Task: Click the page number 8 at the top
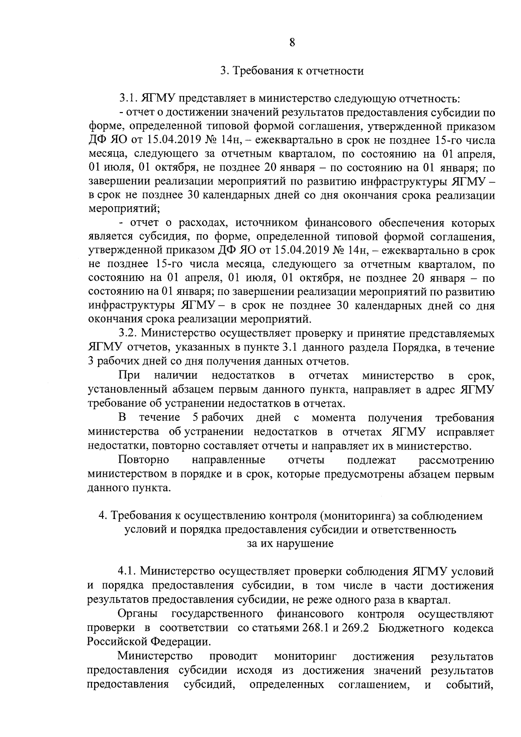click(x=292, y=43)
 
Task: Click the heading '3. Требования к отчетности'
click(x=291, y=71)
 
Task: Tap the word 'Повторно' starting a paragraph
click(x=144, y=460)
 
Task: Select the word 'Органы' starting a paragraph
click(x=136, y=614)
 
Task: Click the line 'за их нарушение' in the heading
click(x=290, y=543)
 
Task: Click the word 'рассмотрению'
click(x=456, y=460)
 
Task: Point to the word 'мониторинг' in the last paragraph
click(x=306, y=656)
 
